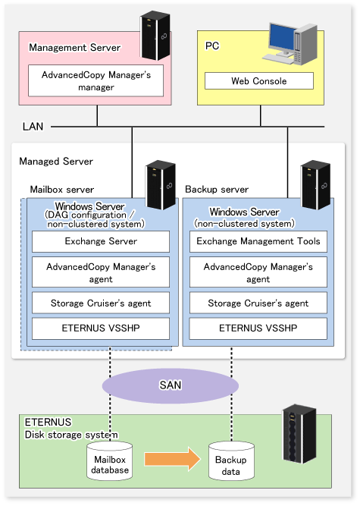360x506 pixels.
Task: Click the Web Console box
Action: coord(259,80)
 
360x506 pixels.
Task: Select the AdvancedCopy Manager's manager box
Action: coord(95,80)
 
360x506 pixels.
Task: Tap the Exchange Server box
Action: coord(101,241)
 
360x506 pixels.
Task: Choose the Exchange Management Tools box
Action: coord(258,241)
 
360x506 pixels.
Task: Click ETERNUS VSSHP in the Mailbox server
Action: coord(101,328)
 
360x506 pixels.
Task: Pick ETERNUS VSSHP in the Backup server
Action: coord(258,328)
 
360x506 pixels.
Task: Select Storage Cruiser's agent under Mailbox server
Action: coord(101,303)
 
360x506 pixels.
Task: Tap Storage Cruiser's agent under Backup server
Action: coord(258,303)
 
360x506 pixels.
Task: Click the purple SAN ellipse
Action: coord(171,385)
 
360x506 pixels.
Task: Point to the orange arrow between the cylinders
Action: coord(173,459)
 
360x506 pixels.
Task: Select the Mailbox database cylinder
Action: coord(110,460)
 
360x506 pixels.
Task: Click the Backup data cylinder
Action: coord(231,460)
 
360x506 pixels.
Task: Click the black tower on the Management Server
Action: coord(155,36)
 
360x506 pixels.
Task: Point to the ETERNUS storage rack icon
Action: coord(299,433)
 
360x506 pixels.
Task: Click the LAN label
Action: coord(33,127)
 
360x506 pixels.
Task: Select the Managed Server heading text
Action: coord(56,162)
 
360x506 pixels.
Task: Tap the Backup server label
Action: coord(217,190)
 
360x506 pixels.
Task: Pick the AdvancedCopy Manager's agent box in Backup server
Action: coord(258,272)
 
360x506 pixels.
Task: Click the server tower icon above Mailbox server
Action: coord(161,184)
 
